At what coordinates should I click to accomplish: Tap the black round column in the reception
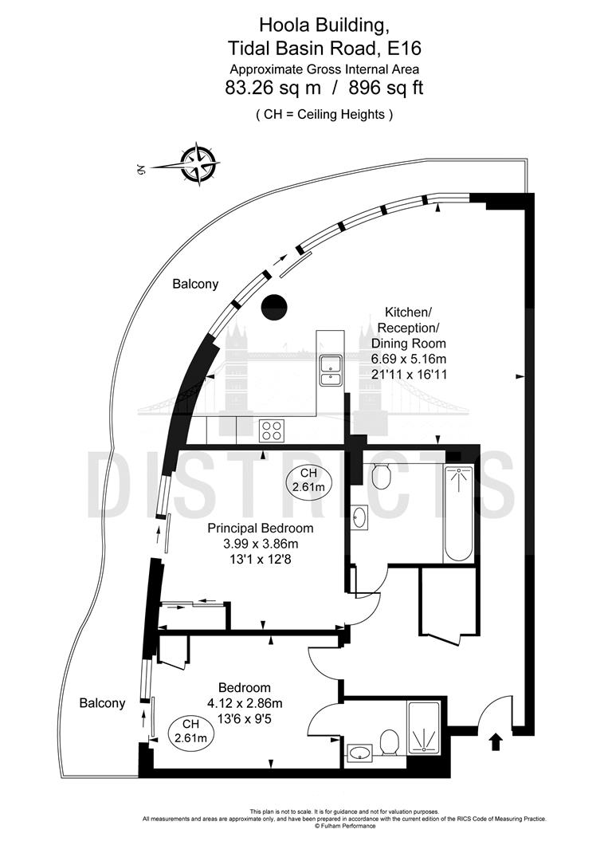click(x=273, y=304)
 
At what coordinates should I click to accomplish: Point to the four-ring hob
click(x=273, y=430)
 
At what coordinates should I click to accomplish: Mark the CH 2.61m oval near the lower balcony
click(x=190, y=732)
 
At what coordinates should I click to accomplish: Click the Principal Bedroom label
click(x=260, y=528)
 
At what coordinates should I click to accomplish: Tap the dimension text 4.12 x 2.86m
click(x=245, y=703)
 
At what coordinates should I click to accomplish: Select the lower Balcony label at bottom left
click(x=102, y=703)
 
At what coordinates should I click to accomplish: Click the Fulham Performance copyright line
click(x=344, y=826)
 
